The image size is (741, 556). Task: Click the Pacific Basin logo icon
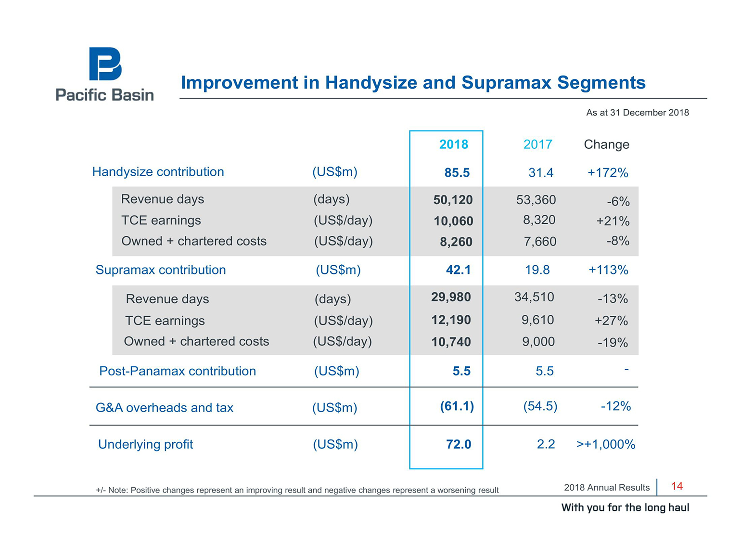click(105, 64)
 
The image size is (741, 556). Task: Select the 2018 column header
click(453, 144)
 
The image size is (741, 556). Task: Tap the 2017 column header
click(537, 144)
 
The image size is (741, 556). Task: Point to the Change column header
click(606, 144)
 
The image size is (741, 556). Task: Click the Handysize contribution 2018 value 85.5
click(457, 172)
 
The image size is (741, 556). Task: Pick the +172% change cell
click(608, 173)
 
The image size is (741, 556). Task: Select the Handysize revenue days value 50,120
click(453, 200)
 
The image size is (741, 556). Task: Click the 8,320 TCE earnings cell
click(539, 220)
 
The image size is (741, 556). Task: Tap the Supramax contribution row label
click(161, 270)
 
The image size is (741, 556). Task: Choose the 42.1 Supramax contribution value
click(458, 270)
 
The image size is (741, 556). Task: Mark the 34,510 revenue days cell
click(534, 297)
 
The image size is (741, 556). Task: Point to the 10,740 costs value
click(451, 342)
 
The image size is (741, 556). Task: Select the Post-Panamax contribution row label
click(178, 371)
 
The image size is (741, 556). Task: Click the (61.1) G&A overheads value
click(457, 406)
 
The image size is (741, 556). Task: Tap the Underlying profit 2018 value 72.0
click(458, 444)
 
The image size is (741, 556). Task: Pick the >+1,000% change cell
click(606, 444)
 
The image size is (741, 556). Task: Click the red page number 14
click(677, 486)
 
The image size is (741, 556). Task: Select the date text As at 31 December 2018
click(637, 113)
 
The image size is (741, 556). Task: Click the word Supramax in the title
click(506, 82)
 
